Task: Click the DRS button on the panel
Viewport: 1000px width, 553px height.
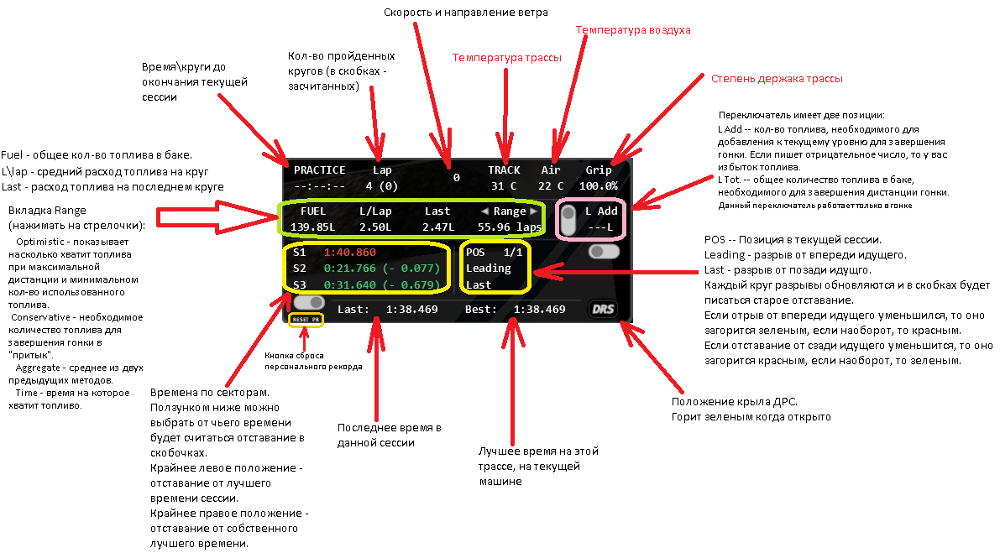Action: (603, 310)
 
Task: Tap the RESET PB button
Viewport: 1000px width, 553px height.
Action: (306, 319)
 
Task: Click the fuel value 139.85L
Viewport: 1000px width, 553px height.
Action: (312, 227)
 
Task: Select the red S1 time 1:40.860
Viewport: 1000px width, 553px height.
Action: (349, 253)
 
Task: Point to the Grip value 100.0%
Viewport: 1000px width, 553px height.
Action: (598, 186)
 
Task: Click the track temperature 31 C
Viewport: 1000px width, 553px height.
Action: (504, 186)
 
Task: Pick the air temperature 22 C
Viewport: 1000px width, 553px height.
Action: (551, 186)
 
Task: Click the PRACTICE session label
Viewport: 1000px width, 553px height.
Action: (320, 170)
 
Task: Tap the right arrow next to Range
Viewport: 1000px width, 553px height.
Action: (534, 211)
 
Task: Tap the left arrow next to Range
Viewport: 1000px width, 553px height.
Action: (484, 211)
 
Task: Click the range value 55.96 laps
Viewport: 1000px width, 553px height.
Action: (510, 227)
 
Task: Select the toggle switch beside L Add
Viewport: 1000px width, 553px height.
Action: (568, 220)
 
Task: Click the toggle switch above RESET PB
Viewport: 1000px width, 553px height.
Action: (309, 302)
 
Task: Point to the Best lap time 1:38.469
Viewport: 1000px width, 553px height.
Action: (540, 310)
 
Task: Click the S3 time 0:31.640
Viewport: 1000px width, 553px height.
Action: (349, 284)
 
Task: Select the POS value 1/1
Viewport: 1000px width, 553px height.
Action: (513, 253)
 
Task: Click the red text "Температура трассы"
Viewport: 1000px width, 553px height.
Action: (507, 58)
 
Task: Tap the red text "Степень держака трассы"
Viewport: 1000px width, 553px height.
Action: (777, 79)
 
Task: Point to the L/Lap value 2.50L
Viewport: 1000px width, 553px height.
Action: (375, 227)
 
